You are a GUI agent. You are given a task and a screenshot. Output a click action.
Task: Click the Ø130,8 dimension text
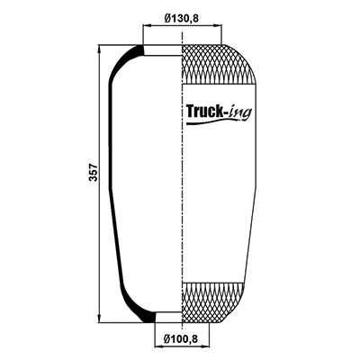coord(182,19)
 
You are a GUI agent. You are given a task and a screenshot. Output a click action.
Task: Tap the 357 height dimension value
coord(94,172)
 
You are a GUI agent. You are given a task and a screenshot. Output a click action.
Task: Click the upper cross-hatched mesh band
coord(219,64)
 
